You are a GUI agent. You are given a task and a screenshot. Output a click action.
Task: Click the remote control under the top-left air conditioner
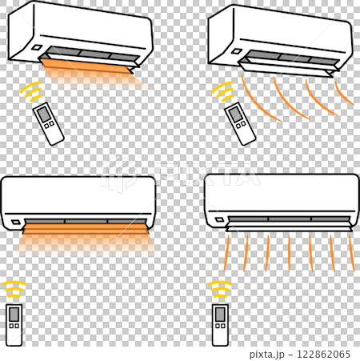[x=48, y=123]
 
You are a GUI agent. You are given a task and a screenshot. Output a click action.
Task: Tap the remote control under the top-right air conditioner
[x=240, y=123]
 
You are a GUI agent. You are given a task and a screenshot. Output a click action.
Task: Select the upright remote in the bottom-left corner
[x=14, y=325]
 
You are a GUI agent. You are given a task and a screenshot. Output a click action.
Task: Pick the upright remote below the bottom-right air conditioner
[x=221, y=325]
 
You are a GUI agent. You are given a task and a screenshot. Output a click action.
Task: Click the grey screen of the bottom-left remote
[x=14, y=315]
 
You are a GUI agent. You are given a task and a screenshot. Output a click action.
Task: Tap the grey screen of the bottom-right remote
[x=220, y=315]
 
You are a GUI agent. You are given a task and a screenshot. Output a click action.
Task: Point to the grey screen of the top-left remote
[x=43, y=114]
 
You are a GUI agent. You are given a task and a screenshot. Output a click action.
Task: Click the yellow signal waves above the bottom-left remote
[x=14, y=289]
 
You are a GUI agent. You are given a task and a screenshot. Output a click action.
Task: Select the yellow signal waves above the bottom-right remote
[x=220, y=289]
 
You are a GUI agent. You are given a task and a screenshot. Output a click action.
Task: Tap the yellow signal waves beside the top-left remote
[x=31, y=91]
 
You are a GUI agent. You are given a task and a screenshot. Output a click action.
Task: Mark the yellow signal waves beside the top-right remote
[x=223, y=91]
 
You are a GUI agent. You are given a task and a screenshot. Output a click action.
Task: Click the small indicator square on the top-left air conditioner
[x=37, y=48]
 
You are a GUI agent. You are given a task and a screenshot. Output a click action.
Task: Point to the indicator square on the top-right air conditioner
[x=237, y=51]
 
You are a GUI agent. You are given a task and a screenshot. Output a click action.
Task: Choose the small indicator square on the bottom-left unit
[x=16, y=222]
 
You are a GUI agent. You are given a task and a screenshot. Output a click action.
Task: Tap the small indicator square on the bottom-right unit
[x=220, y=220]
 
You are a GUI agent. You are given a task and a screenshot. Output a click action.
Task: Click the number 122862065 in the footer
[x=323, y=355]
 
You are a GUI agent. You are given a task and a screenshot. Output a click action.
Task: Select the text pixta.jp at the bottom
[x=267, y=355]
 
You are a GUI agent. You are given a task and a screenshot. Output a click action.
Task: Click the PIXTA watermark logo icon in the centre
[x=118, y=174]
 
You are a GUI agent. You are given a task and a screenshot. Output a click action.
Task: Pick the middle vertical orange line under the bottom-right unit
[x=289, y=253]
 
